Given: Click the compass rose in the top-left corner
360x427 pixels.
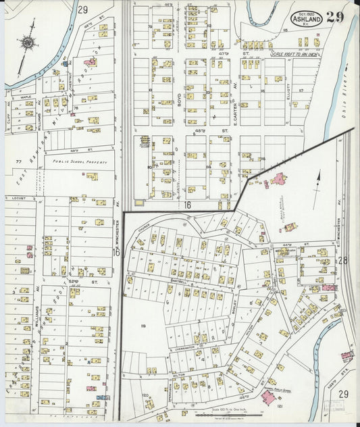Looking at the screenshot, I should click(27, 42).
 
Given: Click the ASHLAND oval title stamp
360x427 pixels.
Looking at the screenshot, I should click(307, 20).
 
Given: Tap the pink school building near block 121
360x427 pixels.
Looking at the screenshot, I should click(268, 397).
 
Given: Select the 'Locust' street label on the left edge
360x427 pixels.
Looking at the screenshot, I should click(18, 198).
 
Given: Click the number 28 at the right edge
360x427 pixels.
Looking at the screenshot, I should click(342, 260).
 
